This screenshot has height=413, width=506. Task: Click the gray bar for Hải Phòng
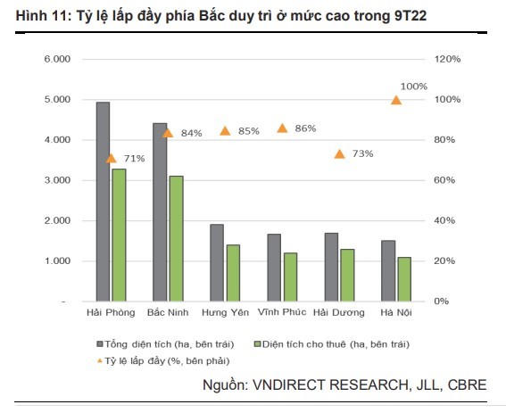103,202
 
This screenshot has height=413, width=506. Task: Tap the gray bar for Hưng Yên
217,262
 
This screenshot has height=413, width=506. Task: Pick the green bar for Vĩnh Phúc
290,277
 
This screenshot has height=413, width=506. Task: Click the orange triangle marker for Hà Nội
396,100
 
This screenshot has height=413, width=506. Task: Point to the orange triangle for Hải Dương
339,153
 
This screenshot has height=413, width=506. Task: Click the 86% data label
305,128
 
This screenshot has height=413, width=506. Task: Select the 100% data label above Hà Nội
414,87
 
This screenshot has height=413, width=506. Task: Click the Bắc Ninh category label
168,313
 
